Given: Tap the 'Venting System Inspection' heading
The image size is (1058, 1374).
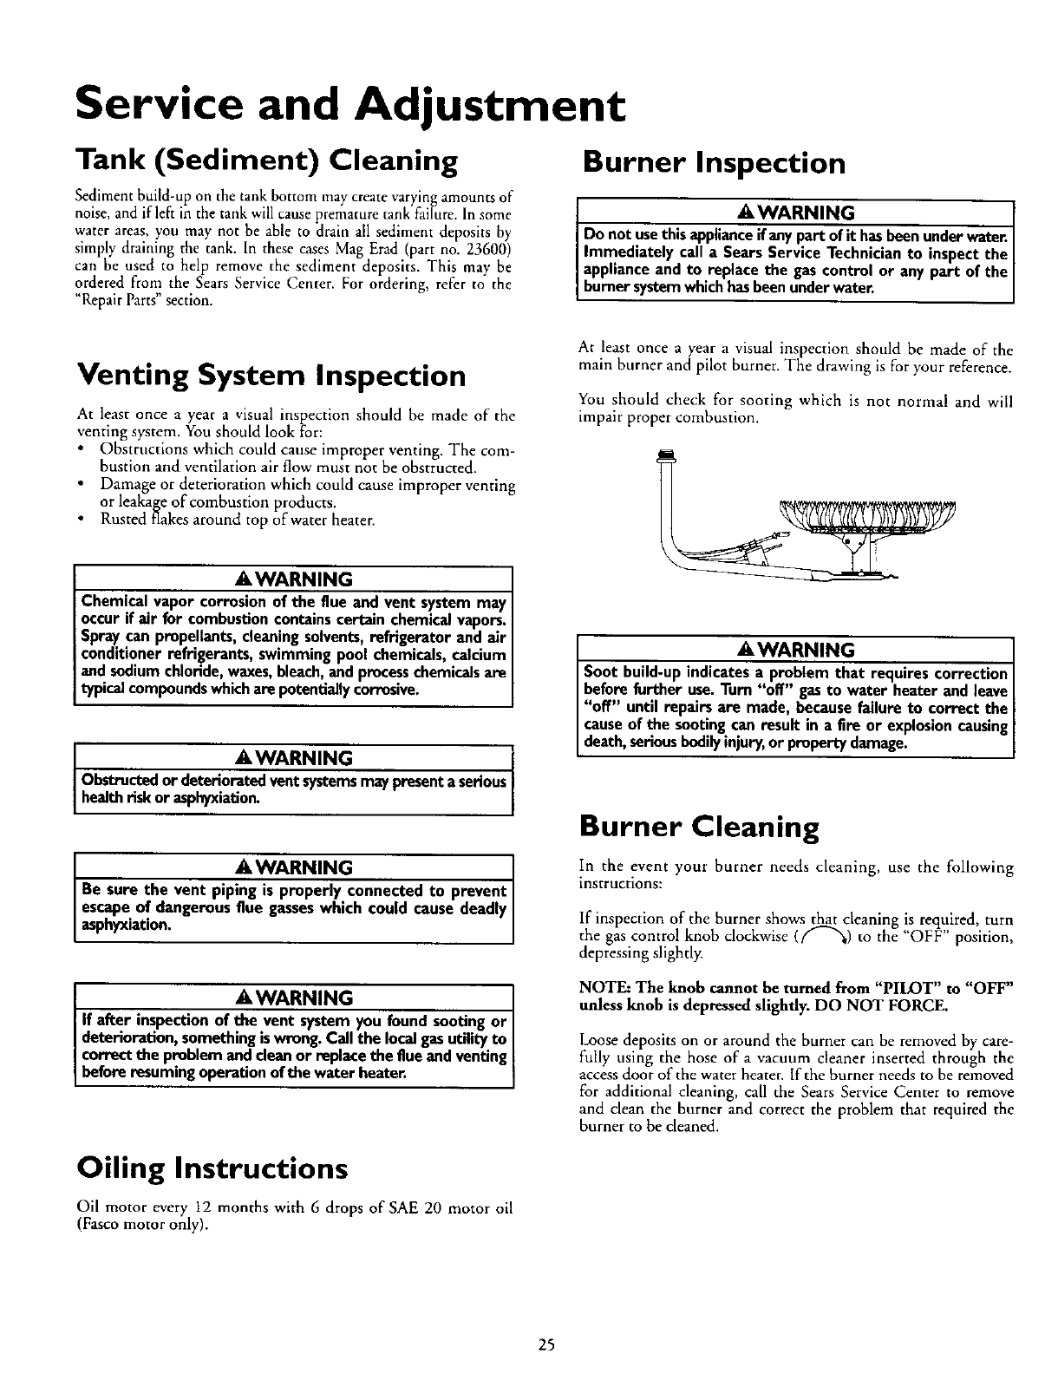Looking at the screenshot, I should pyautogui.click(x=271, y=376).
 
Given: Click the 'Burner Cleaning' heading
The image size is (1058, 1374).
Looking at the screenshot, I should pyautogui.click(x=698, y=828).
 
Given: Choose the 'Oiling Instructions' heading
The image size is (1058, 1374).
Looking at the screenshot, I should pyautogui.click(x=212, y=1168).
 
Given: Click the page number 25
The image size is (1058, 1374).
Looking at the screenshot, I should pyautogui.click(x=545, y=1345).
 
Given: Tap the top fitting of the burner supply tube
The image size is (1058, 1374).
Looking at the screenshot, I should pyautogui.click(x=667, y=455).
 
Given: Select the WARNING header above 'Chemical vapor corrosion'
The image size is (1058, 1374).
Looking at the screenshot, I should pyautogui.click(x=295, y=579).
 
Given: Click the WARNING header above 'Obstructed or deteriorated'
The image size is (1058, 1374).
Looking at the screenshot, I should pyautogui.click(x=295, y=758).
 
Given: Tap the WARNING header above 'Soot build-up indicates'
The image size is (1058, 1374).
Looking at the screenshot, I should pyautogui.click(x=796, y=650).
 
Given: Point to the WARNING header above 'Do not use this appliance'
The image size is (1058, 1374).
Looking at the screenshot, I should pyautogui.click(x=796, y=213).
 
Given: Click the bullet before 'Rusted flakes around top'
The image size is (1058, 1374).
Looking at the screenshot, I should pyautogui.click(x=80, y=520).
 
